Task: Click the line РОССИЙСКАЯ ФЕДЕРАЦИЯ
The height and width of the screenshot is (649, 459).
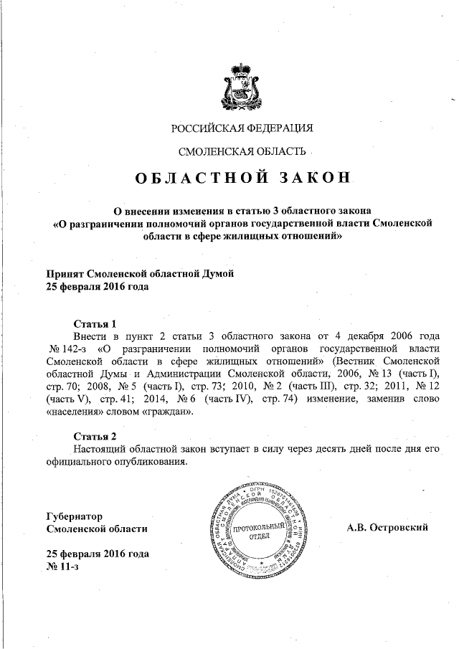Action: click(242, 128)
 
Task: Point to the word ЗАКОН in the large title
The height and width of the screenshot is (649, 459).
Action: click(312, 178)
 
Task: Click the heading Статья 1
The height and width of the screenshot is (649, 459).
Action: click(95, 323)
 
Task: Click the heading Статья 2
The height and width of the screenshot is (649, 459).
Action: click(95, 435)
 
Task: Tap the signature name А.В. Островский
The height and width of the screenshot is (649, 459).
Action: click(387, 528)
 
